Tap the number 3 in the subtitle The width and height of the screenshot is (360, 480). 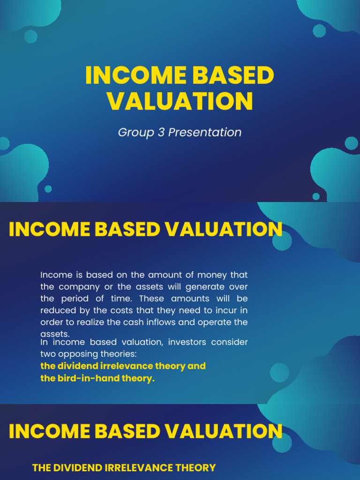[x=158, y=133]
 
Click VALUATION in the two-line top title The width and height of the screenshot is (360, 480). [x=180, y=101]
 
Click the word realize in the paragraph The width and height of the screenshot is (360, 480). [x=110, y=322]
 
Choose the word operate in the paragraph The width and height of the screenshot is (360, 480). [x=216, y=322]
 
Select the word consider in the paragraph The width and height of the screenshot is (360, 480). [x=229, y=342]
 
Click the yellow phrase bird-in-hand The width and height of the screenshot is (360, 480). [x=86, y=378]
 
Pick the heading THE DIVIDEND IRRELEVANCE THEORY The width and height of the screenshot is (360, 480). [x=124, y=467]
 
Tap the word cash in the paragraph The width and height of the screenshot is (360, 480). [x=148, y=322]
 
